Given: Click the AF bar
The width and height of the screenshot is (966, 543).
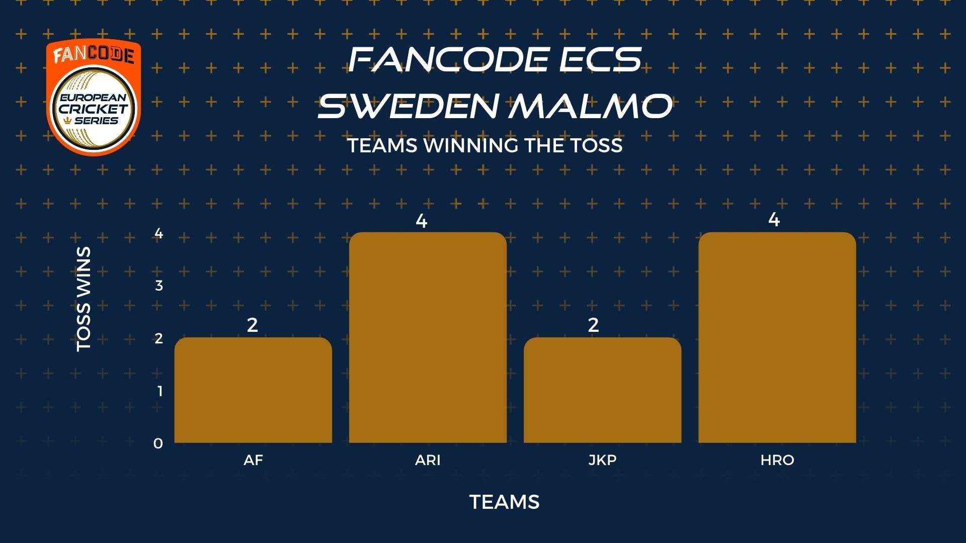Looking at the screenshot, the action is click(x=253, y=390).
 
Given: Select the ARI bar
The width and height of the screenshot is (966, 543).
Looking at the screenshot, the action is click(x=428, y=337).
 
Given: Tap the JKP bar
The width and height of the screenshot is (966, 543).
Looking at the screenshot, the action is click(x=602, y=390).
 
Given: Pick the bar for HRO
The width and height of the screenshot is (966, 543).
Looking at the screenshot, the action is click(x=777, y=337).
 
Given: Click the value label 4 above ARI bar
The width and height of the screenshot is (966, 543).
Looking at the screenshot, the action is click(x=422, y=221).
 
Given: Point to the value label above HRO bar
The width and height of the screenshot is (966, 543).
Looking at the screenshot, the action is click(x=774, y=220).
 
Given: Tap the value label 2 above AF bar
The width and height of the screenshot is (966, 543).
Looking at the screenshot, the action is click(x=253, y=325).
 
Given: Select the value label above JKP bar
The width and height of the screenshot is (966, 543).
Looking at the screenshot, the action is click(x=593, y=325).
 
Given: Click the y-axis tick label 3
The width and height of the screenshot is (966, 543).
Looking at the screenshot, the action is click(x=159, y=286).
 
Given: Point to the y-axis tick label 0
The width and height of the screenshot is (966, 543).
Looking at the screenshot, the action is click(x=158, y=443).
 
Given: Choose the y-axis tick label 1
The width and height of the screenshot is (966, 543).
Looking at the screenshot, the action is click(x=160, y=391).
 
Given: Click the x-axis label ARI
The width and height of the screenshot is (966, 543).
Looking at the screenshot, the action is click(x=428, y=460).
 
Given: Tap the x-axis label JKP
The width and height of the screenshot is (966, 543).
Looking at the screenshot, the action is click(x=602, y=460).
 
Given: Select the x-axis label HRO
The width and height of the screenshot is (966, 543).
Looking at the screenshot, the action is click(x=777, y=460).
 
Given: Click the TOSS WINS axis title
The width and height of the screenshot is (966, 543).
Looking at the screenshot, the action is click(x=84, y=299).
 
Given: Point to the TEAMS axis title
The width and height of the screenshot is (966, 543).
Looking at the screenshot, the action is click(x=505, y=502).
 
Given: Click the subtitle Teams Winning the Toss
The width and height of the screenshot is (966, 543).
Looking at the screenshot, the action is click(x=485, y=146).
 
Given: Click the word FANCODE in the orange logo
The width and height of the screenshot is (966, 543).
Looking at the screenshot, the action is click(x=94, y=54).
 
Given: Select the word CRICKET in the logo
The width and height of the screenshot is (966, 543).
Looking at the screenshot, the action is click(x=94, y=109).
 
